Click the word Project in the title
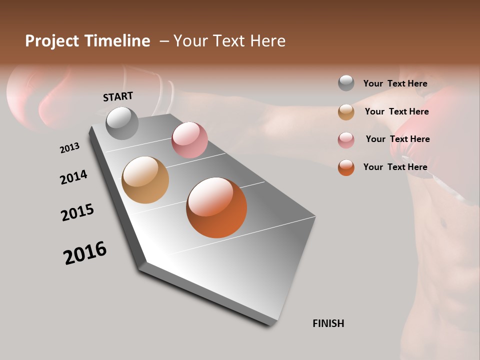[x=52, y=41]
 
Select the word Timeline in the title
[x=117, y=41]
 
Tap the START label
[x=118, y=96]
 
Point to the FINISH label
[x=328, y=323]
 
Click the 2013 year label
[x=70, y=148]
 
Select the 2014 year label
[x=74, y=177]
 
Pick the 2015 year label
[x=77, y=212]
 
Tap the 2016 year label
[x=85, y=253]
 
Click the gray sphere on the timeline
[x=122, y=123]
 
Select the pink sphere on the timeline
[x=189, y=140]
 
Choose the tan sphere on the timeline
[x=145, y=180]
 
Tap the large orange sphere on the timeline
[x=216, y=207]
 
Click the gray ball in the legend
[x=346, y=83]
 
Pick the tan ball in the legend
[x=346, y=112]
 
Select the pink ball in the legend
[x=346, y=139]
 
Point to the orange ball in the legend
[x=346, y=167]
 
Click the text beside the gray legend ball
[x=395, y=83]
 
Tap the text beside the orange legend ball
[x=395, y=167]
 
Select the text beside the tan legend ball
[x=397, y=111]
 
